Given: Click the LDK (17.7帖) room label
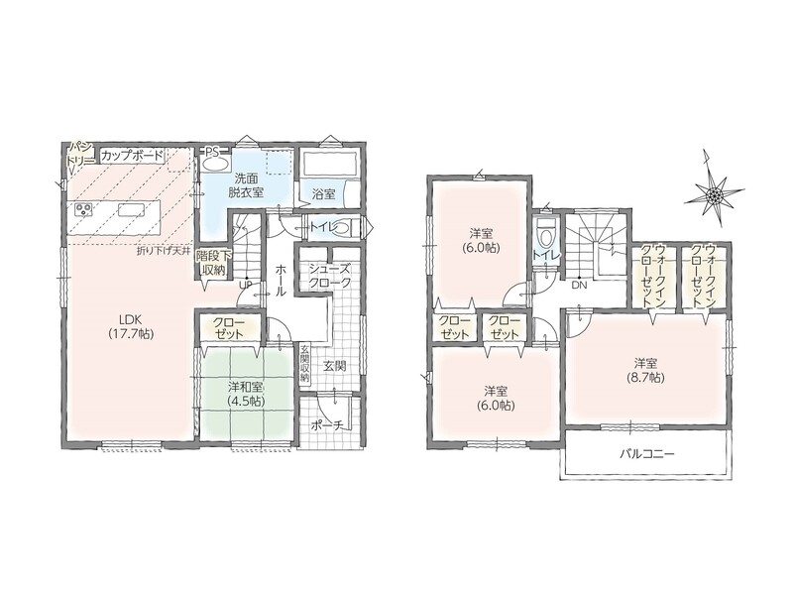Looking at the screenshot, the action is pos(131,326).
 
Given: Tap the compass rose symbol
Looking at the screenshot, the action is pos(714,192).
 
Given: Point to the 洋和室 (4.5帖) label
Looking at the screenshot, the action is pos(245,394).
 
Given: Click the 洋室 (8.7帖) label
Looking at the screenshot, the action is pos(646,370).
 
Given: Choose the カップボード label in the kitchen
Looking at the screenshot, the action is pos(132,156).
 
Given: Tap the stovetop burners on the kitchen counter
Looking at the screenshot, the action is pos(84,208).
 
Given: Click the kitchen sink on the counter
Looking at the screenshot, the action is pos(132,209).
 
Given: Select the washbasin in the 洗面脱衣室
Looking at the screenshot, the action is pos(216,163).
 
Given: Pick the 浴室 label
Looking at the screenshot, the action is pos(324,193).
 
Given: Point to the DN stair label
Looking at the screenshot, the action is pos(579,286).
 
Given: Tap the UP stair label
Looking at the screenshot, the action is pos(246,285).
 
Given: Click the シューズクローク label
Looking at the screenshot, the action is pos(329,277).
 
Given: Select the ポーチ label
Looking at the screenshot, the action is pos(329,426).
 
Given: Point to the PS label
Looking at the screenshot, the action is pos(212,151).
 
